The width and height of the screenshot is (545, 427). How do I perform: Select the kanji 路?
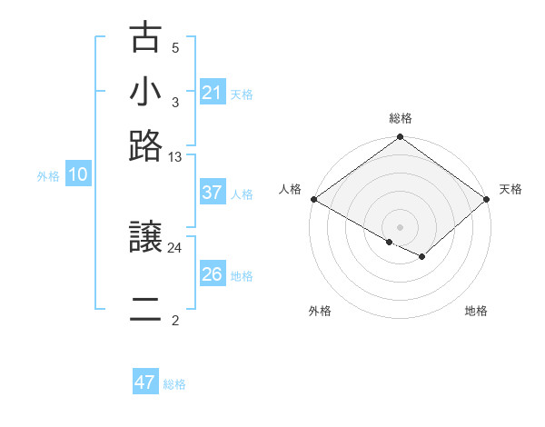pyautogui.click(x=145, y=145)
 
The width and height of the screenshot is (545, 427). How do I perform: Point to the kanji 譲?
pyautogui.click(x=145, y=238)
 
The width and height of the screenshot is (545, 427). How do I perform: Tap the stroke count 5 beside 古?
pyautogui.click(x=175, y=47)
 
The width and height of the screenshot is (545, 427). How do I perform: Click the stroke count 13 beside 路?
pyautogui.click(x=175, y=157)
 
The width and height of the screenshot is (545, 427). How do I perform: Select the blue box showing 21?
pyautogui.click(x=213, y=93)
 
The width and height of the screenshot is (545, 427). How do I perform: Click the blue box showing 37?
pyautogui.click(x=213, y=193)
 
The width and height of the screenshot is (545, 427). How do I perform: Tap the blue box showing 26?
pyautogui.click(x=213, y=274)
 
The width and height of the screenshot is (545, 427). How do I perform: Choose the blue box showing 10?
pyautogui.click(x=78, y=175)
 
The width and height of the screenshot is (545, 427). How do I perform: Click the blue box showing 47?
pyautogui.click(x=145, y=382)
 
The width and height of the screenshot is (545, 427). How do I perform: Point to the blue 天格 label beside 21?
pyautogui.click(x=242, y=94)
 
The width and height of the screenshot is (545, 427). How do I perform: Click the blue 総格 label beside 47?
pyautogui.click(x=174, y=384)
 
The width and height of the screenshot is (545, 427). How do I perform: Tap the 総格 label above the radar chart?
pyautogui.click(x=401, y=118)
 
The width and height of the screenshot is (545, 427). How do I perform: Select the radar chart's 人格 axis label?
pyautogui.click(x=290, y=189)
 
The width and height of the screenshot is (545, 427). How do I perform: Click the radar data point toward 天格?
pyautogui.click(x=488, y=199)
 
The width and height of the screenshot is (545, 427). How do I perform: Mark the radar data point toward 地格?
pyautogui.click(x=423, y=257)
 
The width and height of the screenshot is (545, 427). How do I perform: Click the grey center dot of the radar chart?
pyautogui.click(x=401, y=226)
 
